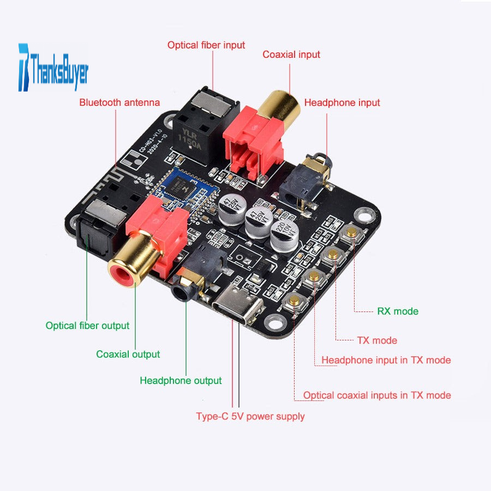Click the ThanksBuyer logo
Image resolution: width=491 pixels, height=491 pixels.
coord(53,68)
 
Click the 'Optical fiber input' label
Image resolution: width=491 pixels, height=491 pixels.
coord(206,45)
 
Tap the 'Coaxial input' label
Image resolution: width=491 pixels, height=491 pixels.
coord(291,55)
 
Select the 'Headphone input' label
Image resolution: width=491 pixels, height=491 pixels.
coord(342,103)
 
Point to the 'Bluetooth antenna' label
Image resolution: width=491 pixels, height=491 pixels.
coord(119,102)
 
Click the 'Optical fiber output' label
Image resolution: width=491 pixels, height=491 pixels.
coord(87,326)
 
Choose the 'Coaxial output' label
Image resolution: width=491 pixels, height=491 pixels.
coord(128,354)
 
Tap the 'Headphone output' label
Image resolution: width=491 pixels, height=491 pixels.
coord(181,380)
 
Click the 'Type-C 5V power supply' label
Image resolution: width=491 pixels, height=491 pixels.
coord(250,416)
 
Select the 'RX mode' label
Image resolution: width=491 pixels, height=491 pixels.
coord(398,312)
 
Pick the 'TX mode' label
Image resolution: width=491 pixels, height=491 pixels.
coord(377,340)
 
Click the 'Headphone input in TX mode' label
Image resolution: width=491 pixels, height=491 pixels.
coord(386,360)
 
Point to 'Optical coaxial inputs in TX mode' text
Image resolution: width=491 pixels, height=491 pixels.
coord(377,395)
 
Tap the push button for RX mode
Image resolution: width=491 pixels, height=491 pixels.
coord(351,233)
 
